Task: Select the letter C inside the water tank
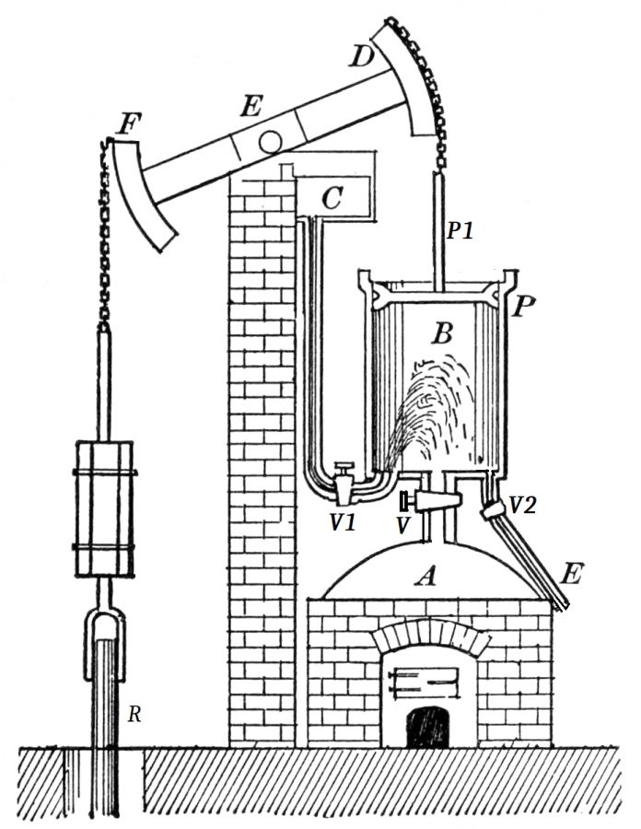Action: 333,197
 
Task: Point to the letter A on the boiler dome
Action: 425,577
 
